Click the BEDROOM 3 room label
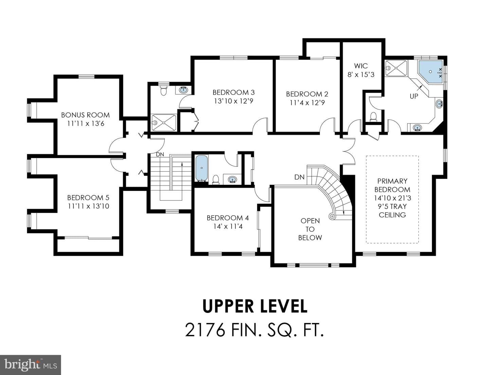click(x=233, y=92)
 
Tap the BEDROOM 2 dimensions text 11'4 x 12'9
click(x=307, y=103)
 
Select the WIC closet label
click(x=361, y=66)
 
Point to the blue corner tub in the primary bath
click(x=430, y=72)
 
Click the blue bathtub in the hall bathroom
click(x=201, y=168)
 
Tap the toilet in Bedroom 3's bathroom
click(x=164, y=90)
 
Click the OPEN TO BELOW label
click(x=310, y=229)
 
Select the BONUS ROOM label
click(x=85, y=115)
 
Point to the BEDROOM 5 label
click(x=88, y=198)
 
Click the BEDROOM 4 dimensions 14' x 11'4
click(x=228, y=227)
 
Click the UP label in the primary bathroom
click(x=414, y=96)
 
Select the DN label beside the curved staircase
click(x=299, y=177)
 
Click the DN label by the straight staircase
click(x=160, y=155)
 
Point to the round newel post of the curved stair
click(x=332, y=216)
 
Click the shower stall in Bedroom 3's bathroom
click(x=164, y=123)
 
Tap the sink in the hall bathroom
click(x=232, y=179)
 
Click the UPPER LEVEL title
click(x=255, y=306)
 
